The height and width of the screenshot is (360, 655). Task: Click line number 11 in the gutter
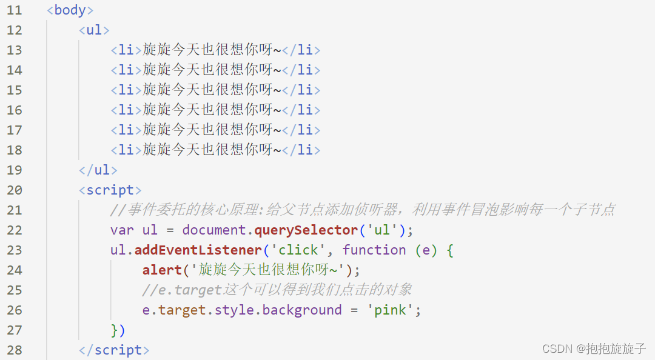coord(14,10)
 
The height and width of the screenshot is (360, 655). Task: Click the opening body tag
coord(70,10)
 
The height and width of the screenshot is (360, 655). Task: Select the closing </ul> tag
coord(98,170)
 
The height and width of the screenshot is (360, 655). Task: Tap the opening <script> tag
coord(110,190)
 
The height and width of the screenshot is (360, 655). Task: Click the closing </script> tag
coord(114,350)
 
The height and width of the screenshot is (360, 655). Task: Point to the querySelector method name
coord(306,230)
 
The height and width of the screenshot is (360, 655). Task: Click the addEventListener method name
coord(198,250)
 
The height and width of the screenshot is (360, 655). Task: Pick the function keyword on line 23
coord(374,250)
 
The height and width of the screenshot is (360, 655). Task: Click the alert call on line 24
coord(162,270)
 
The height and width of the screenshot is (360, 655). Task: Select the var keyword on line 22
coord(122,230)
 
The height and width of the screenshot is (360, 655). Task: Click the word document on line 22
coord(214,230)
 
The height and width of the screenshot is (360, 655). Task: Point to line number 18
coord(14,150)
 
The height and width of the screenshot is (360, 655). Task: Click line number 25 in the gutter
coord(14,290)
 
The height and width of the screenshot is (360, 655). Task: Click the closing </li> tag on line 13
coord(301,50)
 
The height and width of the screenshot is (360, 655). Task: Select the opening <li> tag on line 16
coord(126,110)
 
